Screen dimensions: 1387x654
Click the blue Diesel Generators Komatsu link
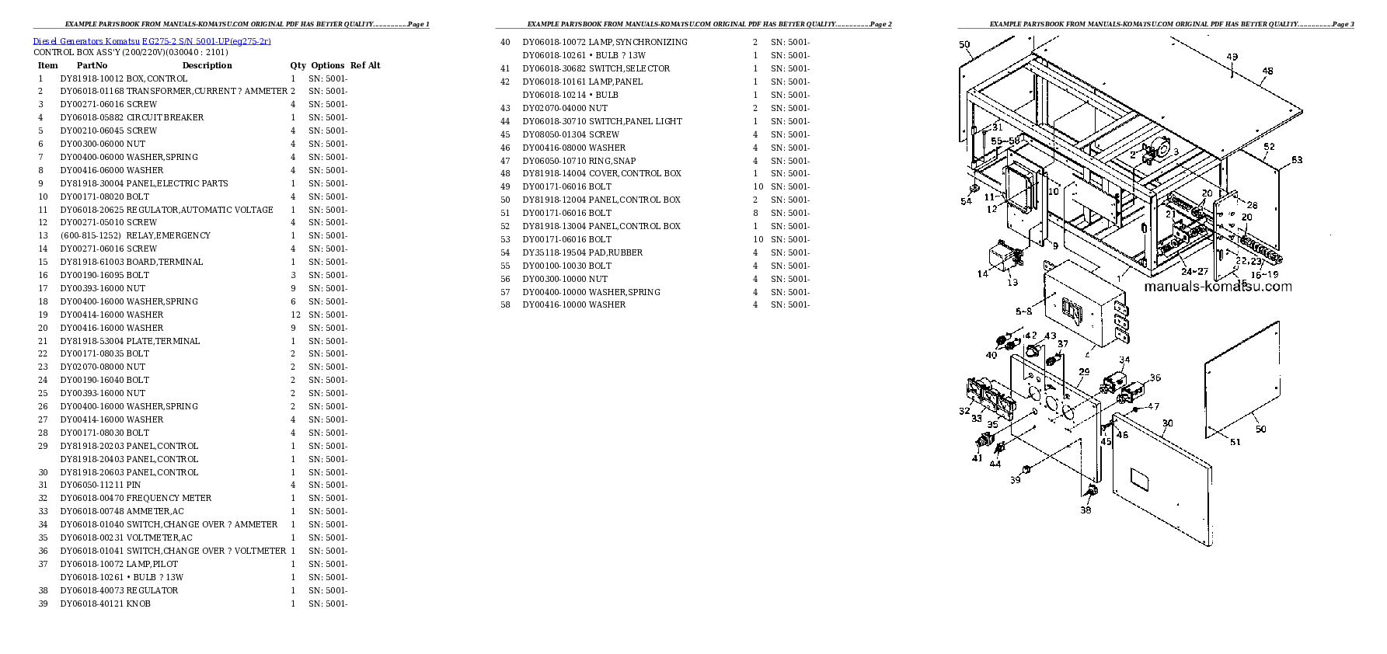(152, 41)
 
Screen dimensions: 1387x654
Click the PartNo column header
(92, 65)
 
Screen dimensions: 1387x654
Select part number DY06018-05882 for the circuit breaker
(92, 117)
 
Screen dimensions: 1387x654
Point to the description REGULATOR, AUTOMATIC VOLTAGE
(200, 210)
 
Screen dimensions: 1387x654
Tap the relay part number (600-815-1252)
(90, 235)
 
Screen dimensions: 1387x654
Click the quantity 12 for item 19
(295, 315)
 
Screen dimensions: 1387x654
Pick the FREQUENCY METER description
(169, 498)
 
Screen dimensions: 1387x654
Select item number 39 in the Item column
(43, 604)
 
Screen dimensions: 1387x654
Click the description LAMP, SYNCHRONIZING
(638, 42)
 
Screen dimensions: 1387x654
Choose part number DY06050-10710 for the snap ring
(554, 161)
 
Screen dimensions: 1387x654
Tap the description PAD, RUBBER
(615, 252)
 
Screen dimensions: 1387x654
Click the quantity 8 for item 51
(754, 213)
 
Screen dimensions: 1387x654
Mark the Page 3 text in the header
(1343, 24)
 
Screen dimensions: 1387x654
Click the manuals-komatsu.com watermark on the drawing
(1218, 287)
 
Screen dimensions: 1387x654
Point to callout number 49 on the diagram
(1232, 57)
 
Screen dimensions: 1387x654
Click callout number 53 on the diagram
(1297, 160)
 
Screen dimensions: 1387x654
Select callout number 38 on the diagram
(1086, 510)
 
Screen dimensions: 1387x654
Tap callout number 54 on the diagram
(966, 201)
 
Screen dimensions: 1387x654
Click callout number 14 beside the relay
(982, 273)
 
